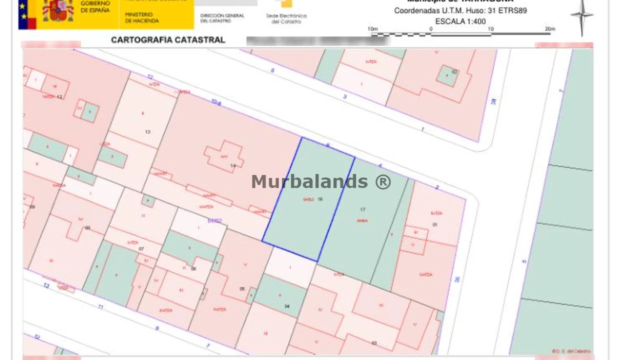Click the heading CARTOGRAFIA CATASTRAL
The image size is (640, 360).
(168, 40)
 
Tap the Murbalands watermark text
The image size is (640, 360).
(321, 181)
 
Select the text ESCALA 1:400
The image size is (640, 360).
(460, 21)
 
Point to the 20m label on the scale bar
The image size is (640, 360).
(550, 29)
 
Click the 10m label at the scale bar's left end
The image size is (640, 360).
(373, 29)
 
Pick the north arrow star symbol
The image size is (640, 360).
(581, 16)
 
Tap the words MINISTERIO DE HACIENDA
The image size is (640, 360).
(142, 18)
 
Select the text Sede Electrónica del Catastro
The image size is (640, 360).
(286, 19)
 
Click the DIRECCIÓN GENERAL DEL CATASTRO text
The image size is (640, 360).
(222, 18)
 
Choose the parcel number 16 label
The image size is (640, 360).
(320, 199)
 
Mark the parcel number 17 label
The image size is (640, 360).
(362, 209)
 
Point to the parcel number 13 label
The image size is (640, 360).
(147, 132)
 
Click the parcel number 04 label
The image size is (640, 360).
(287, 306)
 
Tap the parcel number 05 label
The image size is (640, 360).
(242, 289)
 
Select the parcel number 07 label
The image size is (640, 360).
(141, 248)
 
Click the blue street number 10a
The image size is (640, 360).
(215, 102)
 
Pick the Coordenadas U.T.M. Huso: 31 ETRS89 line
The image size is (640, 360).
(460, 10)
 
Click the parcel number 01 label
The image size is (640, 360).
(435, 225)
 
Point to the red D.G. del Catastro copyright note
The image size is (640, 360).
(571, 351)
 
